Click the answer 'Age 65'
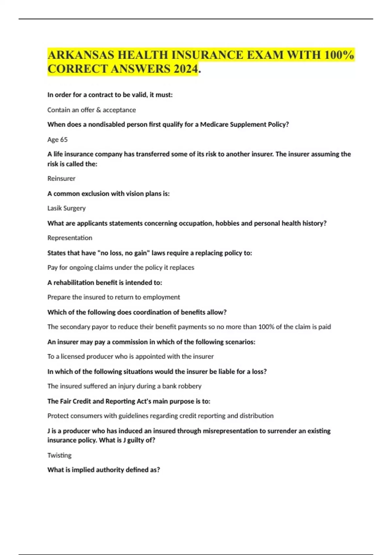(57, 140)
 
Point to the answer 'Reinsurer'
(61, 179)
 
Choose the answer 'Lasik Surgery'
(66, 208)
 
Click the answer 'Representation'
(70, 238)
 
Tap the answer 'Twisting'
(59, 455)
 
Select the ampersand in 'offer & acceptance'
(98, 110)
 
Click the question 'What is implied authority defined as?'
(104, 470)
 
